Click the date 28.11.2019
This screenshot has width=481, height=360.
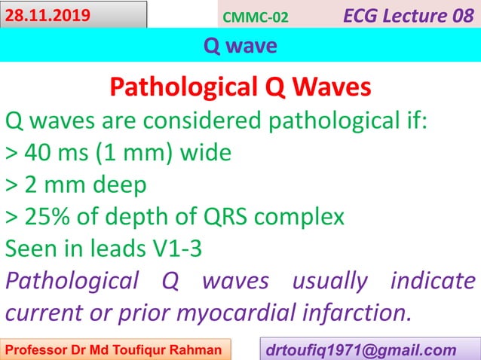point(47,14)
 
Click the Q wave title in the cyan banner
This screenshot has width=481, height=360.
point(240,47)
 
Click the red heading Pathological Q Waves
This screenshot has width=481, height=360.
point(240,88)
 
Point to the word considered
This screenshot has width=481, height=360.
point(213,121)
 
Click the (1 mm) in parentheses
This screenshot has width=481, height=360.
point(136,154)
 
